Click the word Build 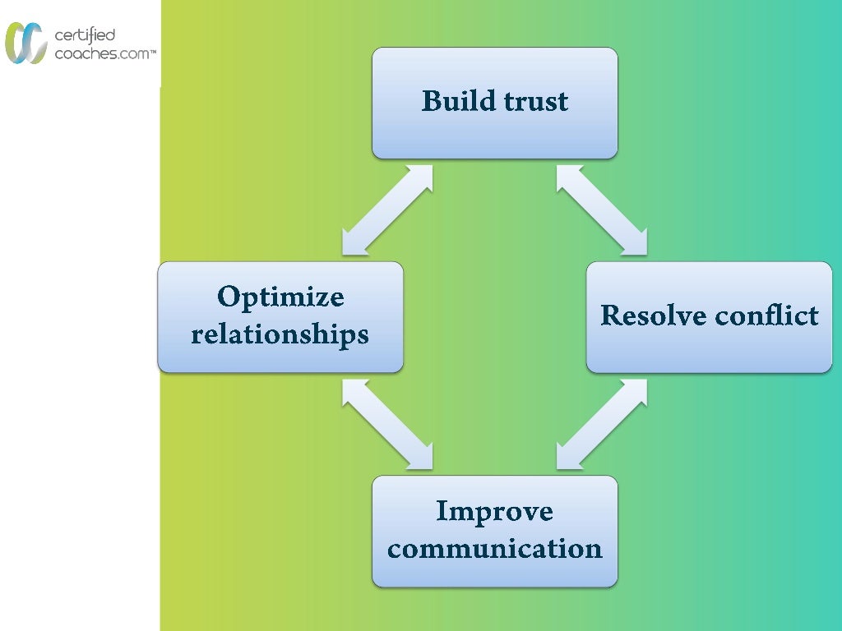[x=455, y=101]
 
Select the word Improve [x=494, y=511]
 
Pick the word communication [x=494, y=548]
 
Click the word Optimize [x=280, y=297]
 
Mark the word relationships [x=280, y=334]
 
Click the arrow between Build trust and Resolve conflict [x=602, y=210]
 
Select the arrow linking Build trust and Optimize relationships [x=387, y=210]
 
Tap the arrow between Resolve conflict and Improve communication [x=602, y=424]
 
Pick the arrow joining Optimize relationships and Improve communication [x=387, y=424]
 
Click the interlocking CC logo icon [x=25, y=43]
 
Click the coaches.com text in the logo [x=99, y=53]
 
